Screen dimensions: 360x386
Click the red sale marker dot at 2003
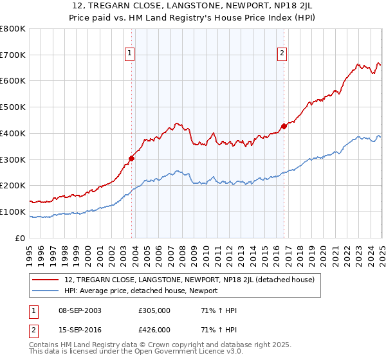(131, 157)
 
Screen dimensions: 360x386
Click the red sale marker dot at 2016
(284, 126)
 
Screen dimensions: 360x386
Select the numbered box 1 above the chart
(130, 53)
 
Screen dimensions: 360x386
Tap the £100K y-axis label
(13, 212)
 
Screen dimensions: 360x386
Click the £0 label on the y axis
(19, 238)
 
